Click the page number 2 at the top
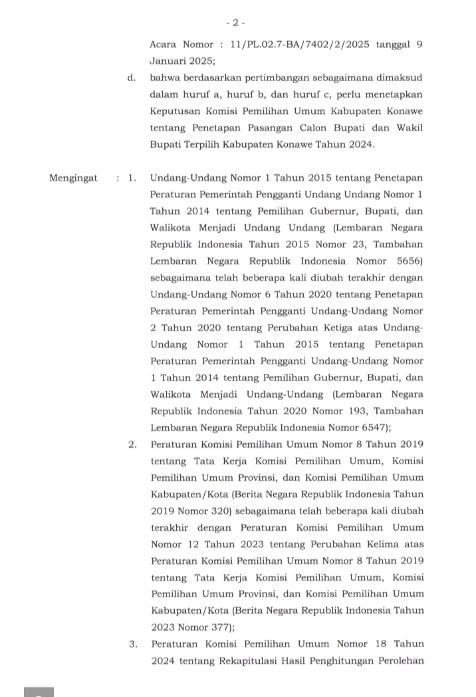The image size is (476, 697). pos(235,22)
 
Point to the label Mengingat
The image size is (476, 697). pos(73,178)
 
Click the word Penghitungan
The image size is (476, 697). pos(348,660)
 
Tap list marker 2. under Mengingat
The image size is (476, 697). pos(133,444)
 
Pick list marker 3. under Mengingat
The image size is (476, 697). pos(133,643)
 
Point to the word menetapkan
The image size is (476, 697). pos(394,94)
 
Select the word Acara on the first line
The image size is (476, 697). pos(164,44)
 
